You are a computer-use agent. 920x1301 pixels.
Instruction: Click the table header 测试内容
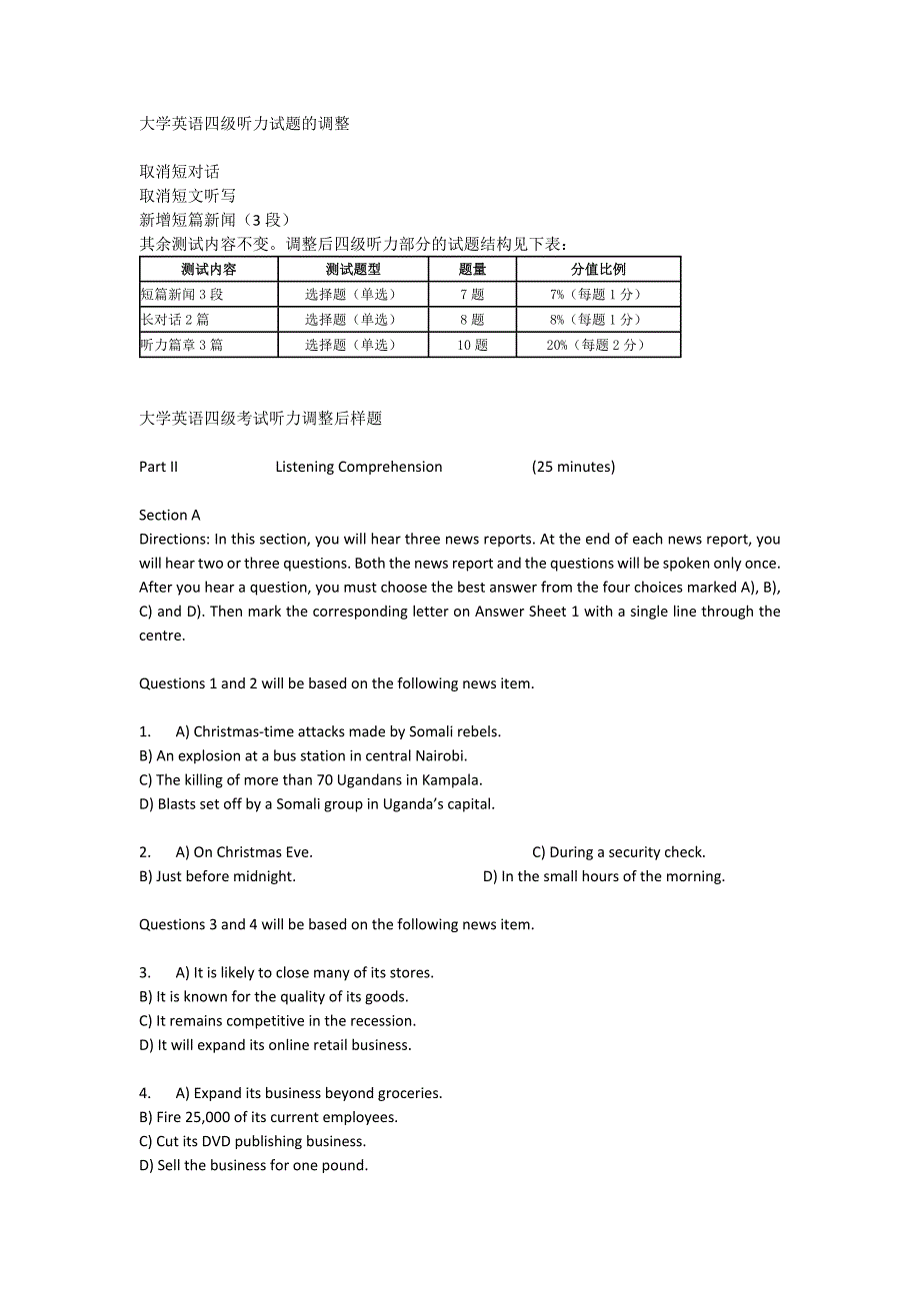click(208, 269)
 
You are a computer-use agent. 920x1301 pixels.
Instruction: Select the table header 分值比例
click(598, 269)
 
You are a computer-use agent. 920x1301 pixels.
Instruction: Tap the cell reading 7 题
click(472, 294)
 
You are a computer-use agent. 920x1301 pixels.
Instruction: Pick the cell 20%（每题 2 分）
click(598, 345)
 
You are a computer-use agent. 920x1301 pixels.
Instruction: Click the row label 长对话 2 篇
click(175, 320)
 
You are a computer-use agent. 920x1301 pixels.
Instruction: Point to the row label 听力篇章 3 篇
click(182, 345)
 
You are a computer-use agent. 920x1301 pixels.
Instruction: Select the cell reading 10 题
click(472, 345)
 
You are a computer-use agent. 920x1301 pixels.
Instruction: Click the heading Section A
click(170, 516)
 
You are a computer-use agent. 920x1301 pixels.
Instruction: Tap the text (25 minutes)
click(573, 467)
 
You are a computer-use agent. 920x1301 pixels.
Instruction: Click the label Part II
click(158, 467)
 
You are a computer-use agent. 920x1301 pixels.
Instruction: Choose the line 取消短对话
click(179, 172)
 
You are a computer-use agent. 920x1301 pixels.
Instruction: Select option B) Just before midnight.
click(218, 876)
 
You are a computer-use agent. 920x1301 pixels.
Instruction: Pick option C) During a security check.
click(618, 852)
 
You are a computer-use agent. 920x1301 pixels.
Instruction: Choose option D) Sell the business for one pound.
click(254, 1165)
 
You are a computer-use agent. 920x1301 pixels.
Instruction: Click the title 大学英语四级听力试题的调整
click(244, 124)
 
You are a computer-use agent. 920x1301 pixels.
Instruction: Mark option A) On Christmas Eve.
click(244, 852)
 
